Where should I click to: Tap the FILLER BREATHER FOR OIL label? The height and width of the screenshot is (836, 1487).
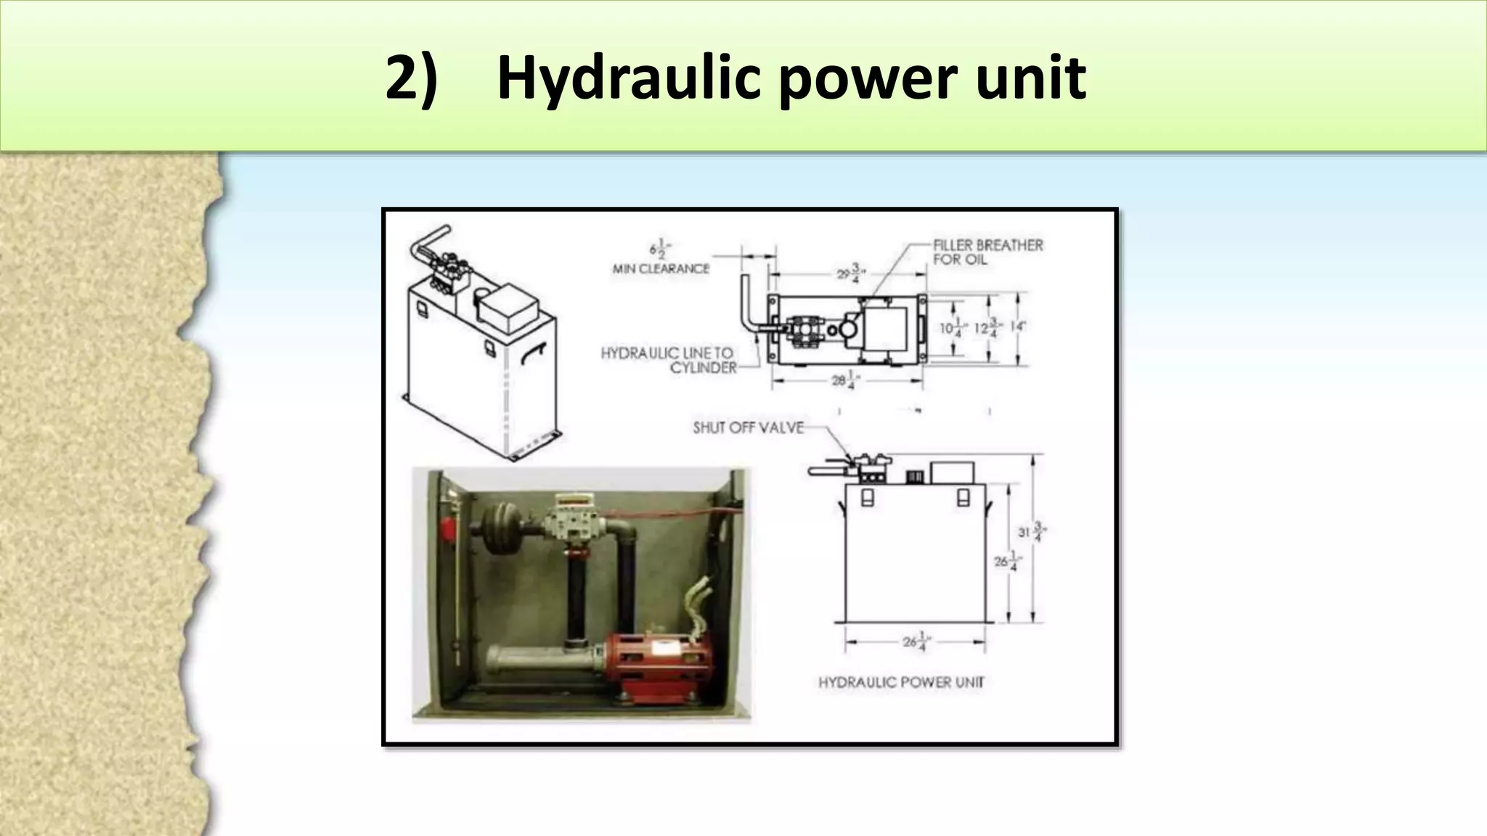pyautogui.click(x=987, y=252)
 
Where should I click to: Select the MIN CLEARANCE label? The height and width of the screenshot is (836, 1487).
pyautogui.click(x=661, y=269)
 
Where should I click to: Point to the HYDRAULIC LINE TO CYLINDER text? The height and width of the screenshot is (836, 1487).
pyautogui.click(x=668, y=360)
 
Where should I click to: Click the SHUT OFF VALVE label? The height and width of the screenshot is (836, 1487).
pyautogui.click(x=748, y=428)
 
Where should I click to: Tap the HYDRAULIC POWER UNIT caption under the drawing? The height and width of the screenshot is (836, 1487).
pyautogui.click(x=901, y=682)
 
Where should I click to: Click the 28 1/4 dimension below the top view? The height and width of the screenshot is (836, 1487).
pyautogui.click(x=842, y=380)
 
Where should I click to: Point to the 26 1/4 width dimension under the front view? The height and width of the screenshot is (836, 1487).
pyautogui.click(x=915, y=642)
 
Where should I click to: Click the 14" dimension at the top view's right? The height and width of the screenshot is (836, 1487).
pyautogui.click(x=1017, y=327)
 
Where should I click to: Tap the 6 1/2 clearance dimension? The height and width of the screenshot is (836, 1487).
pyautogui.click(x=659, y=250)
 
